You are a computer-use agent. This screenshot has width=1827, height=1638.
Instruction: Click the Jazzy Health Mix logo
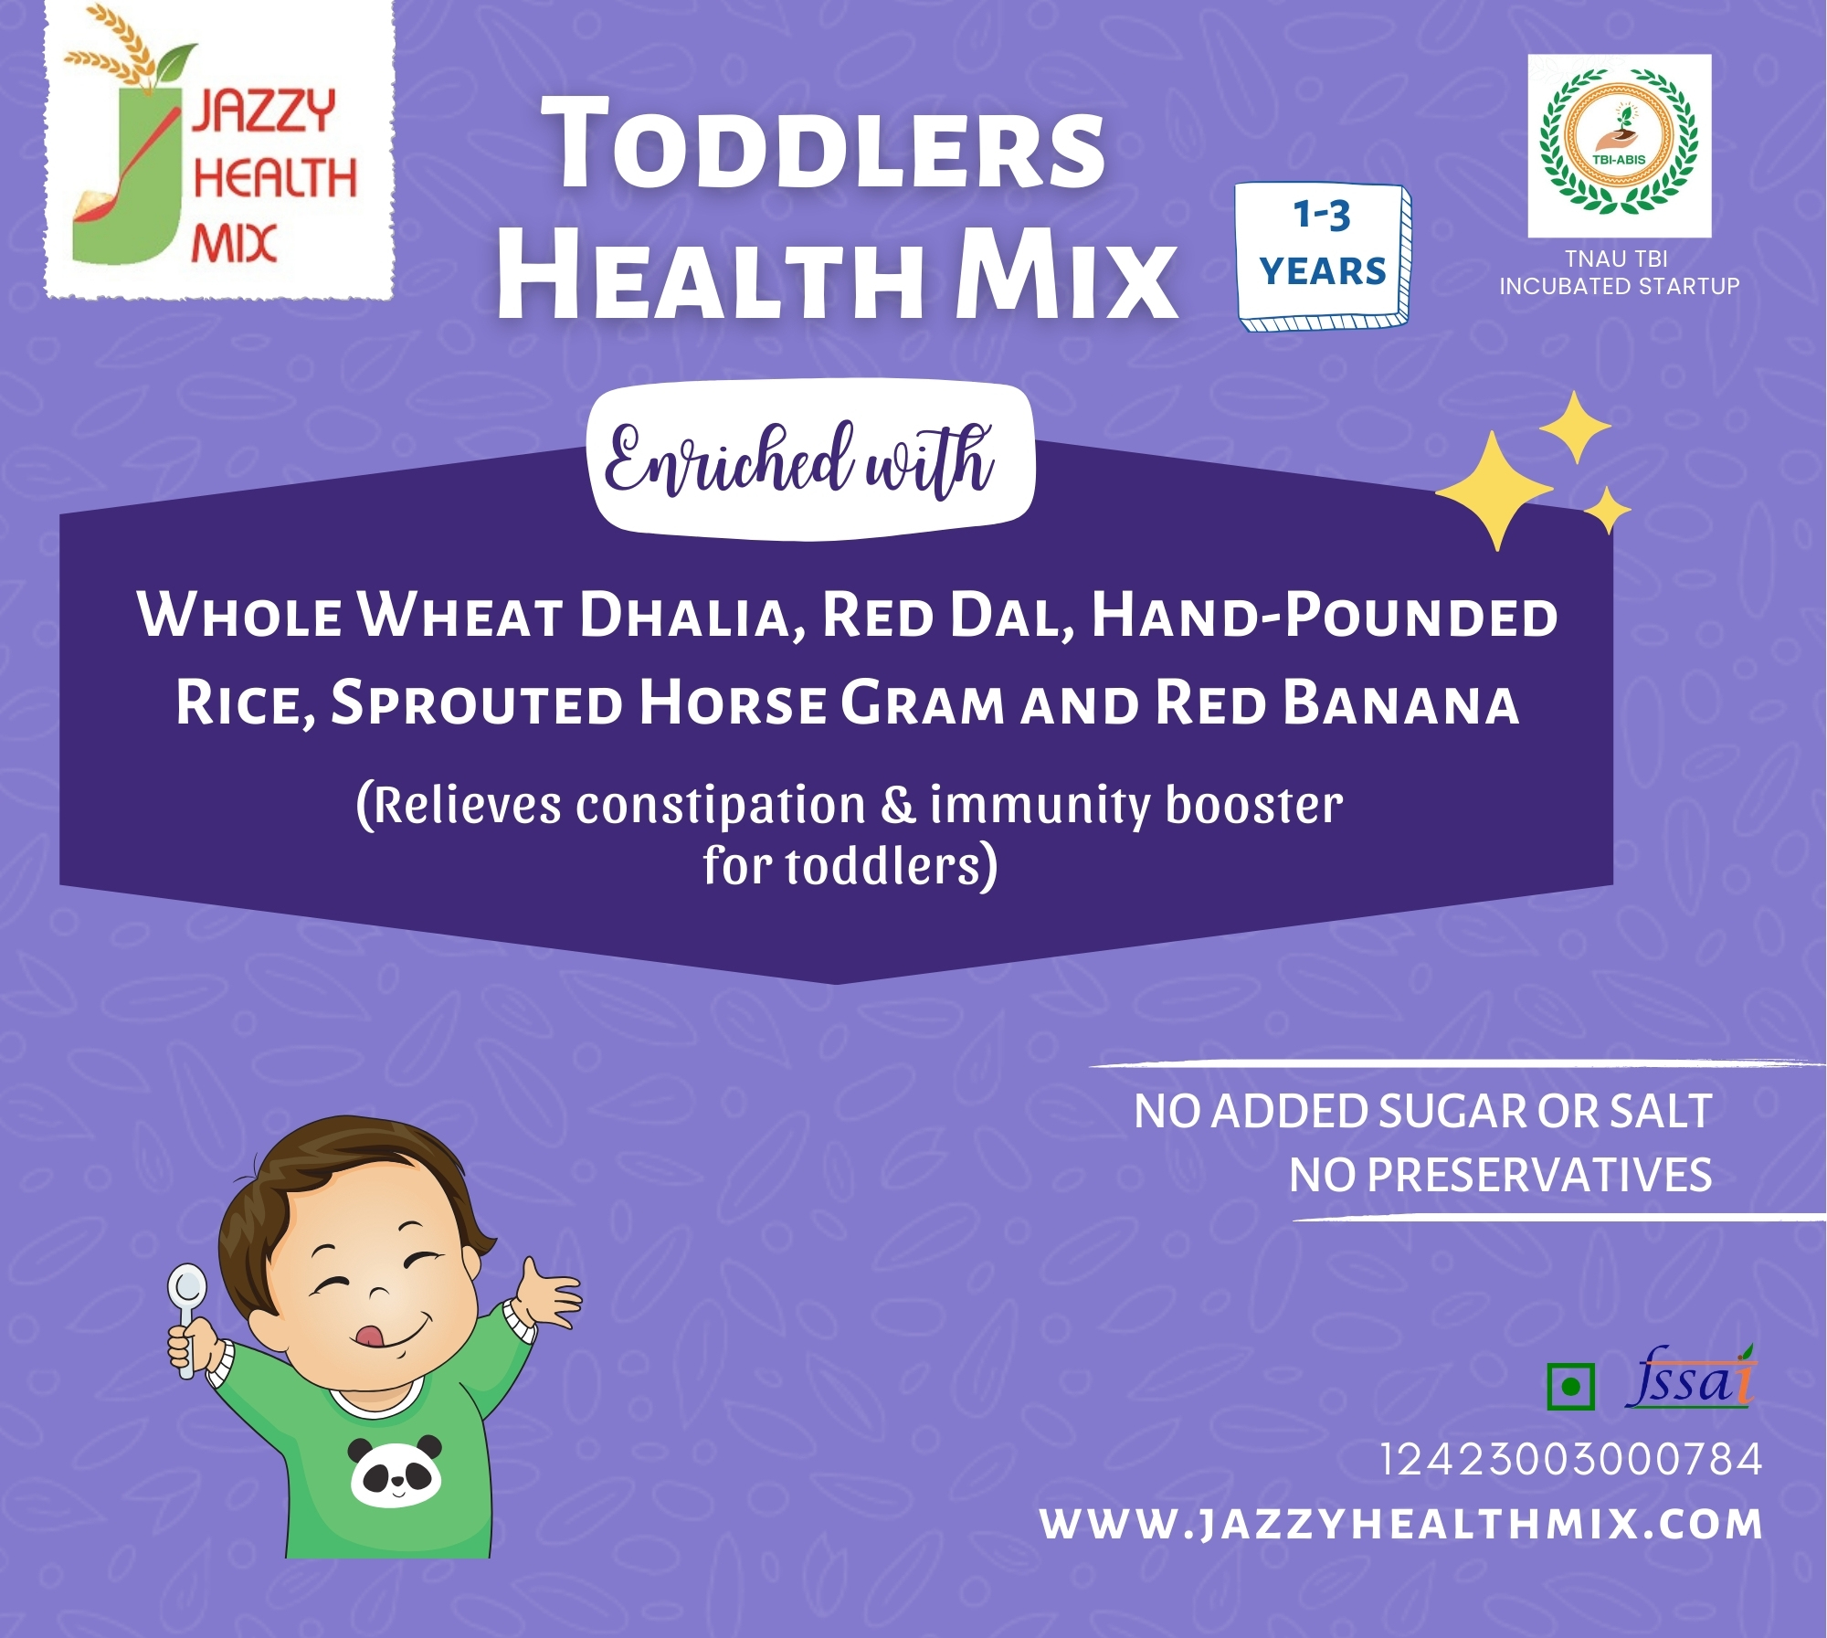pos(219,151)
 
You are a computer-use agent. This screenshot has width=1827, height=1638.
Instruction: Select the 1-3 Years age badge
pos(1323,257)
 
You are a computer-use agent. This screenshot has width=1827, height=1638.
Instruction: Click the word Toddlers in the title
pos(823,145)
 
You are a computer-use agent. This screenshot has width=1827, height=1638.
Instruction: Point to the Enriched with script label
pos(799,460)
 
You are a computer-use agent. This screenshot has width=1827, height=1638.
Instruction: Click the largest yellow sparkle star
pos(1494,491)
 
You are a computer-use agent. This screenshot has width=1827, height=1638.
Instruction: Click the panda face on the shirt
pos(396,1471)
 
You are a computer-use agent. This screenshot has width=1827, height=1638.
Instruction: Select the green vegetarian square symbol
pos(1571,1387)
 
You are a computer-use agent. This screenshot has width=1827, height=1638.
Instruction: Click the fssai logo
pos(1690,1377)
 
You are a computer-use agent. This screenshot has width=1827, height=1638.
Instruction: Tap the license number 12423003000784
pos(1570,1459)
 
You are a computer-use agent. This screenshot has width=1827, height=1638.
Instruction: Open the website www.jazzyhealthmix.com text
pos(1401,1524)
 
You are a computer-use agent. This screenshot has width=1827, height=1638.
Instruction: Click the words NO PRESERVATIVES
pos(1500,1175)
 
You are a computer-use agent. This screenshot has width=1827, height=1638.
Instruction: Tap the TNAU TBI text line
pos(1617,259)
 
